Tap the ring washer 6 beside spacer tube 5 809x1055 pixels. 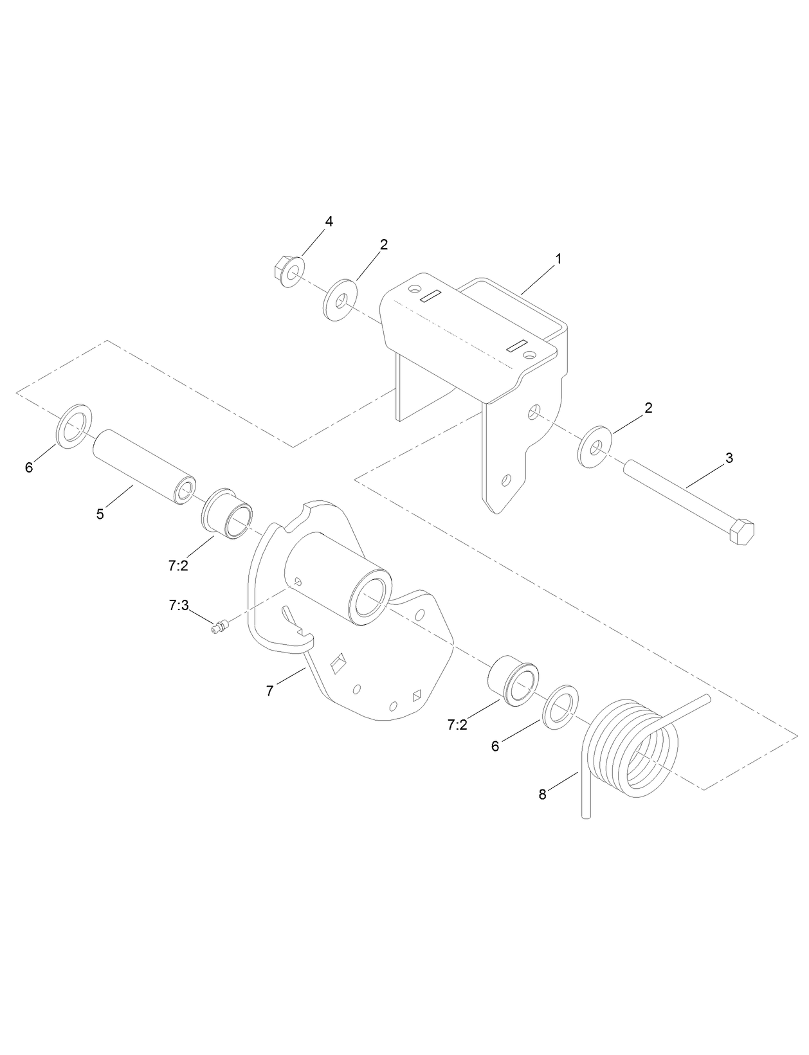click(x=75, y=426)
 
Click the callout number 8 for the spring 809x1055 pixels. click(x=542, y=795)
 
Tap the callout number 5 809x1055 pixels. click(x=100, y=514)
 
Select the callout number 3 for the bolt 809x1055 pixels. click(x=729, y=458)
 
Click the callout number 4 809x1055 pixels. click(x=329, y=221)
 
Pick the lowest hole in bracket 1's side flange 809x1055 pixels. click(x=507, y=480)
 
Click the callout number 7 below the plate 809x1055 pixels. click(x=270, y=691)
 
